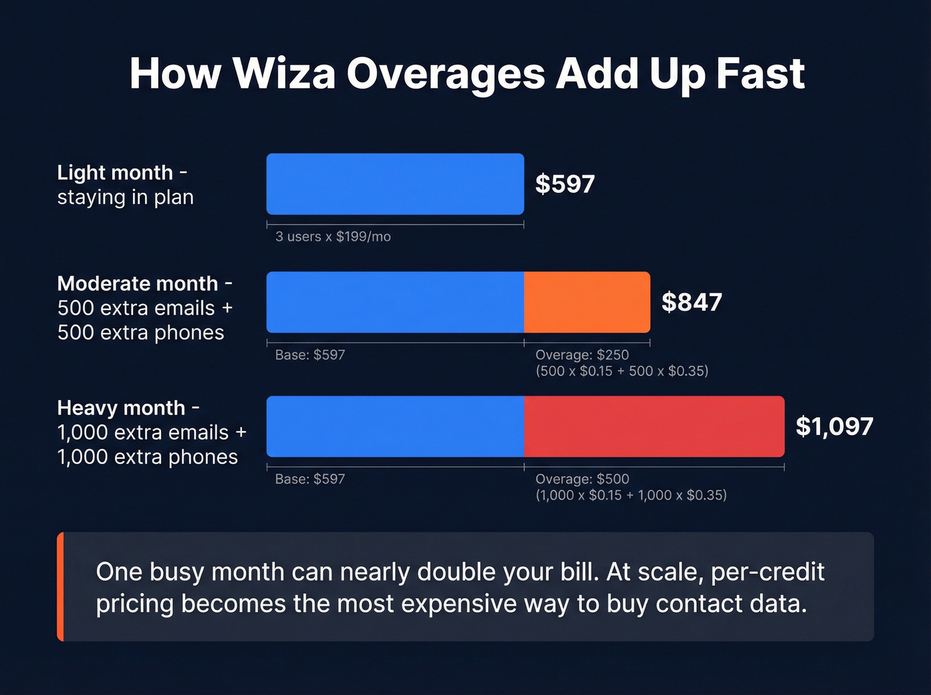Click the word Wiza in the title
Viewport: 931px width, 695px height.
[x=284, y=73]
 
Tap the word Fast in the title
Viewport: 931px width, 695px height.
[x=760, y=73]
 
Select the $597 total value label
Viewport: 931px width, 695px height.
[x=565, y=184]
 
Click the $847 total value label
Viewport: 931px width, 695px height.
[x=692, y=303]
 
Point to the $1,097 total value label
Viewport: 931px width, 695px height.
[x=834, y=426]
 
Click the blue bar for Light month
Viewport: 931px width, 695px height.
[x=395, y=184]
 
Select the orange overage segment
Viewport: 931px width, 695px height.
[x=587, y=303]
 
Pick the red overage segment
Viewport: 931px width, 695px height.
[x=654, y=426]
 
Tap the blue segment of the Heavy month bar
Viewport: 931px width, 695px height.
[x=395, y=426]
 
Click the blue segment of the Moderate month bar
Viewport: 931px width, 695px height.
[x=395, y=303]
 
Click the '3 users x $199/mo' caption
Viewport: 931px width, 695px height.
[x=332, y=237]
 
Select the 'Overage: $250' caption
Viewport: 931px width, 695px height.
[x=582, y=355]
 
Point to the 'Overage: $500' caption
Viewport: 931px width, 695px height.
[x=582, y=479]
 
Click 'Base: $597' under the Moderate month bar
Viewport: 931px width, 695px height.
[x=310, y=355]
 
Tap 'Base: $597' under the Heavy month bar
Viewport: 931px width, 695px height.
[x=310, y=479]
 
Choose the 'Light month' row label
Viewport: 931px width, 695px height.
[x=115, y=173]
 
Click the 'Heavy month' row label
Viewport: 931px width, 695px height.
[x=121, y=408]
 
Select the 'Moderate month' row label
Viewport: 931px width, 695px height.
[x=138, y=284]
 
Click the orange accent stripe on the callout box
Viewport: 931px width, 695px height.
[x=61, y=587]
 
